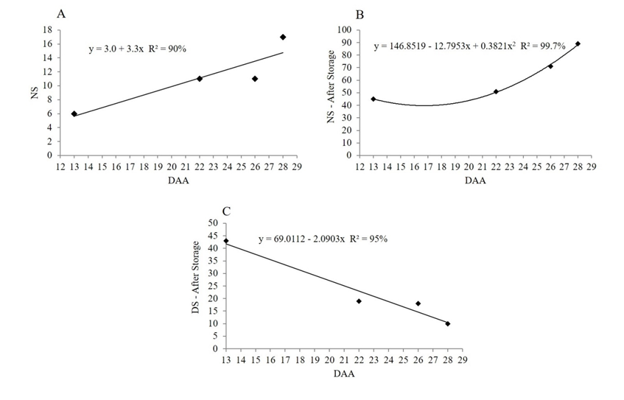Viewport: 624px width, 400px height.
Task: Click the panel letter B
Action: pos(360,15)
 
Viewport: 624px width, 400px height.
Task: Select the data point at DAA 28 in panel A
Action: pos(283,37)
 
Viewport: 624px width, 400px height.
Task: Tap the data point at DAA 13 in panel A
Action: pos(74,113)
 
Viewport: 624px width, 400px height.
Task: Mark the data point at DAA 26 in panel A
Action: pos(255,79)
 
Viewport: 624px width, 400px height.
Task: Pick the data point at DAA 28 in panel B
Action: pos(578,43)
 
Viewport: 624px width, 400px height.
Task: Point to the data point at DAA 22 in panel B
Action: pos(496,91)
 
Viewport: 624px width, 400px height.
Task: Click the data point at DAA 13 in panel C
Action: pos(226,241)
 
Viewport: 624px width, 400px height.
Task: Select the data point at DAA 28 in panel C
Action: pos(448,323)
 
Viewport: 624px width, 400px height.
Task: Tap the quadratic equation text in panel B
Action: pos(469,46)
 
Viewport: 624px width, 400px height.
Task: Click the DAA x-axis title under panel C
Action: pos(343,373)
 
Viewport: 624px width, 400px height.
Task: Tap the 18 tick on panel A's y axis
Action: pos(47,30)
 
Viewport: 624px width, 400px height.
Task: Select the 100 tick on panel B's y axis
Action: pos(346,30)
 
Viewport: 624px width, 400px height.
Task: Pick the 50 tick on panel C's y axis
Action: pos(214,223)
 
